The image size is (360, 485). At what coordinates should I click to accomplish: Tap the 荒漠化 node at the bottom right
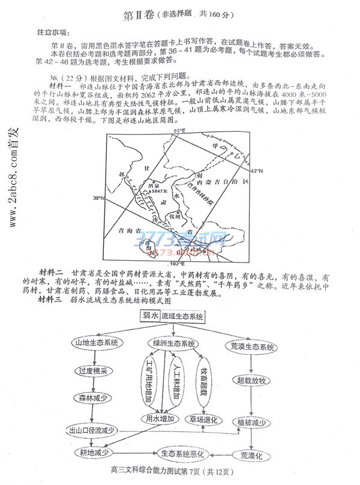click(x=251, y=456)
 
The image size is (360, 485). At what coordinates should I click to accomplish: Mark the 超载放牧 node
click(x=251, y=381)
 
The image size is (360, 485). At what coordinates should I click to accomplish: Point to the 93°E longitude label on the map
click(x=178, y=131)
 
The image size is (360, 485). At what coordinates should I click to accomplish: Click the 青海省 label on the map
click(x=131, y=230)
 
